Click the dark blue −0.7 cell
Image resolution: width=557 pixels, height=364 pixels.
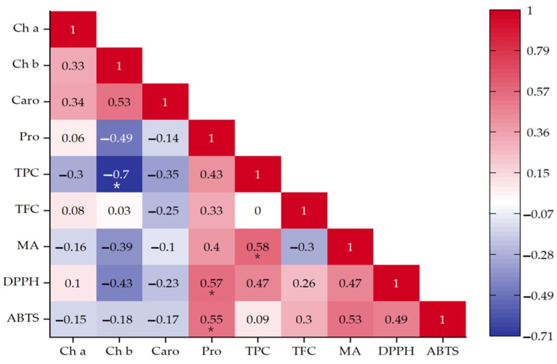pos(119,174)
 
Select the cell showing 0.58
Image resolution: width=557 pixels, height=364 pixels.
pos(258,247)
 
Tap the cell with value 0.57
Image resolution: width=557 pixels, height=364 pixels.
pos(212,283)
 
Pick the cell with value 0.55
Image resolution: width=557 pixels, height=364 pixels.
pos(212,319)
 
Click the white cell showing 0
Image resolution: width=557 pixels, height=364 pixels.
pos(258,210)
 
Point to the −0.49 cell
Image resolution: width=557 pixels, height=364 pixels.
pos(119,138)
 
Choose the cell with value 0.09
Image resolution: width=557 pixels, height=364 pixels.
pos(258,319)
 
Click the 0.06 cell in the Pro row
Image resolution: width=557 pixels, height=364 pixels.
pos(73,138)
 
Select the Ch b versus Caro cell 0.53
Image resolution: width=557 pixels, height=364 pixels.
pos(119,102)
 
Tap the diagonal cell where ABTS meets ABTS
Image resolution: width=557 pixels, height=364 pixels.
pos(442,319)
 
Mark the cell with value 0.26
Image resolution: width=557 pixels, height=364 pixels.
pos(304,283)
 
